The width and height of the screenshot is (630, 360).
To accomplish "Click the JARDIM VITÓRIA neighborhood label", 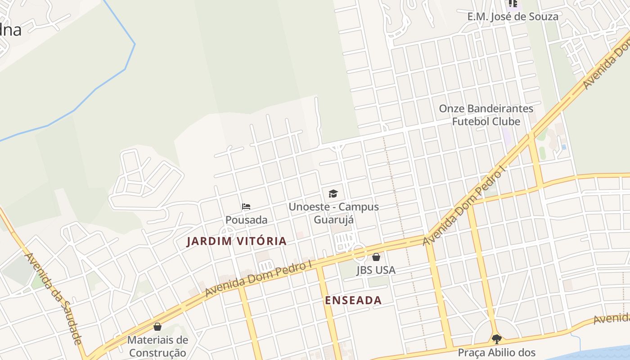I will [x=237, y=241].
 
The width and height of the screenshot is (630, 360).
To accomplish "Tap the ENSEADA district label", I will [x=353, y=301].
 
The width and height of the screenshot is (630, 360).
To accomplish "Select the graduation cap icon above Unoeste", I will [x=333, y=194].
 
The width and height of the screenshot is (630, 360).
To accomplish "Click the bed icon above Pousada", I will [x=246, y=207].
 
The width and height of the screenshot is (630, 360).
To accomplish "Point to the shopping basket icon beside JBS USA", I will [x=376, y=257].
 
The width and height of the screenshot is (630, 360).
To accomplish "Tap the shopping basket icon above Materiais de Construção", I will [x=157, y=326].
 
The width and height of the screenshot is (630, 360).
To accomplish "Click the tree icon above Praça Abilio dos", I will [x=496, y=339].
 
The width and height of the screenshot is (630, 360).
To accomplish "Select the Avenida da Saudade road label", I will [x=54, y=298].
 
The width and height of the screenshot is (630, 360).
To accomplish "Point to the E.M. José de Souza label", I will [x=513, y=17].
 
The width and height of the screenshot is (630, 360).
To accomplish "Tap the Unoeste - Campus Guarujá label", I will [x=333, y=213].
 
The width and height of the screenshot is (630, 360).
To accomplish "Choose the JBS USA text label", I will [x=376, y=270].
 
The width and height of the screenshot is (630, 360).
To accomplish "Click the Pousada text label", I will [x=246, y=220].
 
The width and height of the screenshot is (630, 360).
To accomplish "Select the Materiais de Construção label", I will [x=157, y=346].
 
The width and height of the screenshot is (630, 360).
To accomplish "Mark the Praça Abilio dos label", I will [x=496, y=352].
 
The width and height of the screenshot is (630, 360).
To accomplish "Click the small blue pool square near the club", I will [x=564, y=147].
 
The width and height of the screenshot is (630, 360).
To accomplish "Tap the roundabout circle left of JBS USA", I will [x=359, y=252].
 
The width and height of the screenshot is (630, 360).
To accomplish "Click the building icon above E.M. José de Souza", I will [x=513, y=4].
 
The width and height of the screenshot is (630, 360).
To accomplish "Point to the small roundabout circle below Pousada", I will [x=228, y=233].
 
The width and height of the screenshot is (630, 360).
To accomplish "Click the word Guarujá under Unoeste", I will [x=333, y=220].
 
